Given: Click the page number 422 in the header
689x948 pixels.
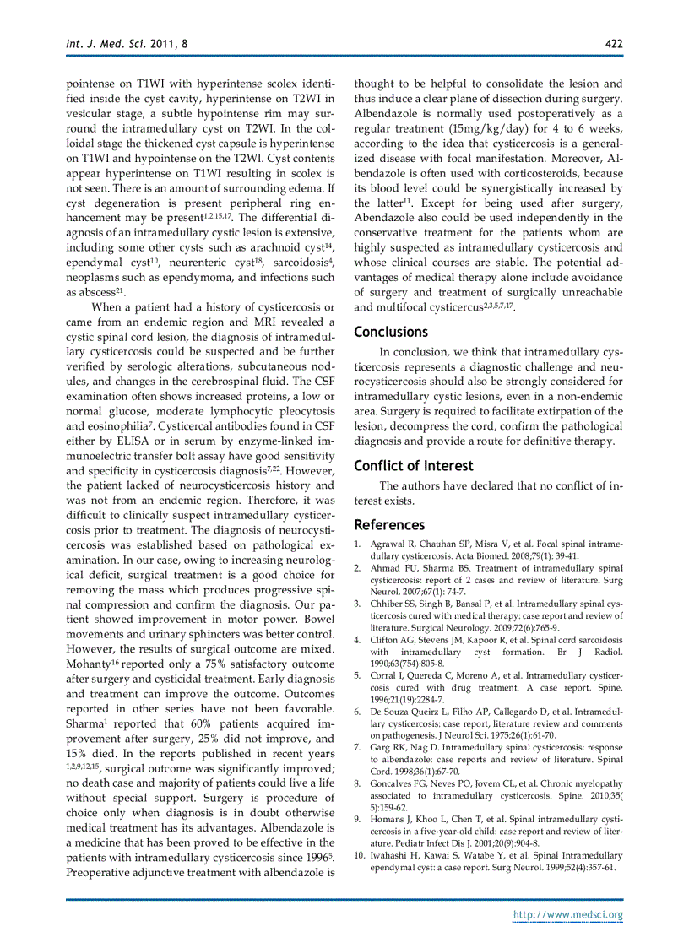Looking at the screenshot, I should click(614, 43).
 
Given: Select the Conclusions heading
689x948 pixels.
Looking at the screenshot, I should click(391, 332).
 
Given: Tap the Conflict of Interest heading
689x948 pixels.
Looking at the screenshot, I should click(414, 466).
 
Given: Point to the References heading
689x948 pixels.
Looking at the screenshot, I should click(389, 525).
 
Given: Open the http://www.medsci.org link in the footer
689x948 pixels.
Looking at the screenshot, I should click(568, 914).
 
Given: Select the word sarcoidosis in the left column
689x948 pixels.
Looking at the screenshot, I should click(301, 263).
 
